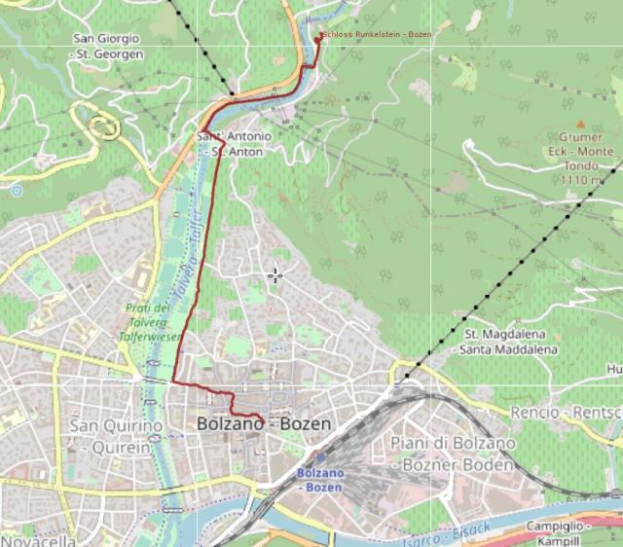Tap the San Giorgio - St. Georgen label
pyautogui.click(x=107, y=46)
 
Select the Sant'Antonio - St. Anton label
pyautogui.click(x=235, y=143)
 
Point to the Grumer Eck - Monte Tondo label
pyautogui.click(x=581, y=152)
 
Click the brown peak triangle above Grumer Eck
pyautogui.click(x=581, y=125)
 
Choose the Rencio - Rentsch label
pyautogui.click(x=565, y=413)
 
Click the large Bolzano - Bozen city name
pyautogui.click(x=264, y=424)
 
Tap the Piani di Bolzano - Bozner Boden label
pyautogui.click(x=451, y=454)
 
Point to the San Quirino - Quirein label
pyautogui.click(x=112, y=436)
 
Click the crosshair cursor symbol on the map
pyautogui.click(x=275, y=275)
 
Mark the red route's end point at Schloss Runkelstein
pyautogui.click(x=319, y=36)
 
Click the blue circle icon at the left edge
pyautogui.click(x=16, y=191)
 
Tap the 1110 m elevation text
pyautogui.click(x=581, y=180)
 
